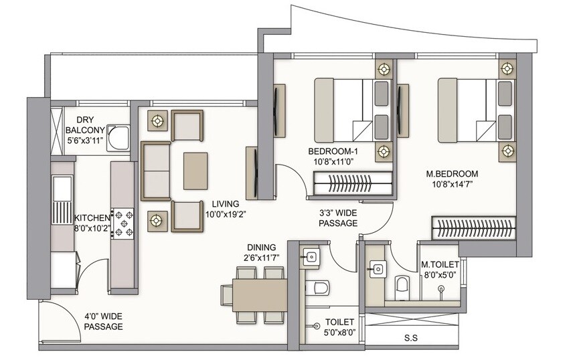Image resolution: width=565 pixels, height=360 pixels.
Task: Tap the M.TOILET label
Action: tap(440, 265)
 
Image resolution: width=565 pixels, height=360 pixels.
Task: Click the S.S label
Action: tap(410, 338)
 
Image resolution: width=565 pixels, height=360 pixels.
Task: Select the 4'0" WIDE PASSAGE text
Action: tap(103, 321)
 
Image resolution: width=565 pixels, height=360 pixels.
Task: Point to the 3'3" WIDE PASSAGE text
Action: tap(338, 219)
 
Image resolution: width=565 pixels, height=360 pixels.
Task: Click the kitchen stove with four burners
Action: tap(125, 223)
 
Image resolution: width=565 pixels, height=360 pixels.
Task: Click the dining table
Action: tap(259, 294)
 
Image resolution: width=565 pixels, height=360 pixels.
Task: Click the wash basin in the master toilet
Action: tap(377, 269)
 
